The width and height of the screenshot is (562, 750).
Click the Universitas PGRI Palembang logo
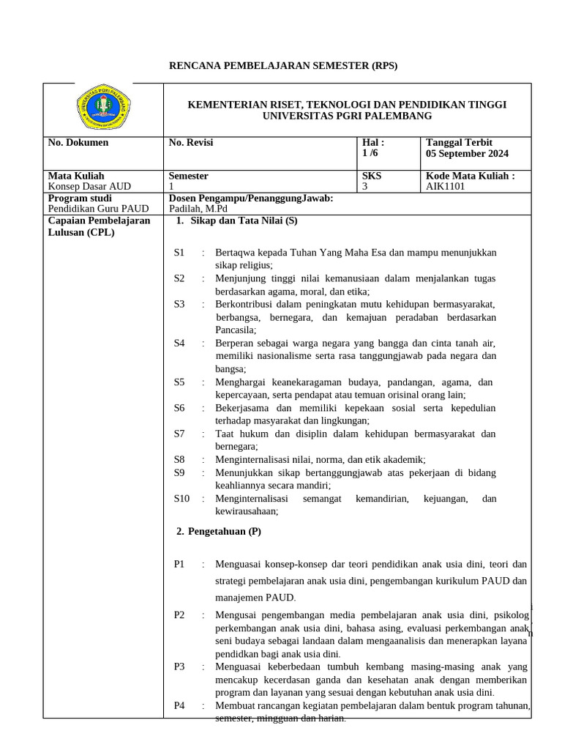[103, 109]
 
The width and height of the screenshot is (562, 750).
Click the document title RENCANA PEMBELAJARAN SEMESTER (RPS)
[284, 66]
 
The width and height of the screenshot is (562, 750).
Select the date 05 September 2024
[467, 154]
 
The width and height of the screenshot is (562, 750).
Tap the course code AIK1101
[446, 187]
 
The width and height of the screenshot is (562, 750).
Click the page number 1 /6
[371, 154]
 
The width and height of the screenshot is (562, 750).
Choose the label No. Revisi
[190, 143]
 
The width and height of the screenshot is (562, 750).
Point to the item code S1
[179, 253]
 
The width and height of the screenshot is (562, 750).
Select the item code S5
[179, 382]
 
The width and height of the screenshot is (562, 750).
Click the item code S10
[181, 499]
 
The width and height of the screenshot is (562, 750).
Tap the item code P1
[179, 564]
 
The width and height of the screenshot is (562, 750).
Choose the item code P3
[179, 667]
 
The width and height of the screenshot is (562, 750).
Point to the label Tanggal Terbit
[459, 143]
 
